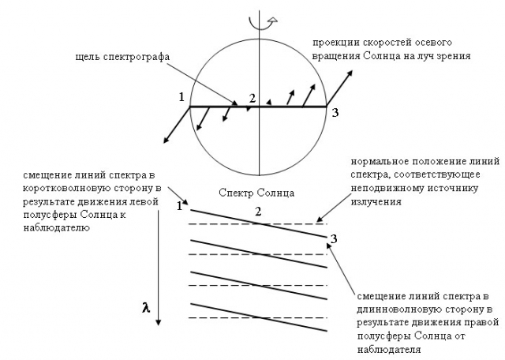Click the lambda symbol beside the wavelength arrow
click(x=146, y=308)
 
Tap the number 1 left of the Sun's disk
click(x=181, y=96)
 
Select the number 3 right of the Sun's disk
click(x=335, y=112)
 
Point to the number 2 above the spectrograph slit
click(x=252, y=99)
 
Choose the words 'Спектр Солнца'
click(x=256, y=193)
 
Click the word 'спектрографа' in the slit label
click(x=137, y=58)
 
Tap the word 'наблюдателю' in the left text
click(x=56, y=227)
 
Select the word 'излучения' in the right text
click(x=376, y=202)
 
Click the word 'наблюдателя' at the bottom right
click(x=389, y=350)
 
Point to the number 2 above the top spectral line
click(x=258, y=212)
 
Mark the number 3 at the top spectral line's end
click(x=334, y=239)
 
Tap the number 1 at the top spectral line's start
click(x=180, y=206)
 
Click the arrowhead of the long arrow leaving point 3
click(x=350, y=73)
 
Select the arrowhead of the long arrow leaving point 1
click(x=166, y=140)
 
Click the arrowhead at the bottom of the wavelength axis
click(x=158, y=322)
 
